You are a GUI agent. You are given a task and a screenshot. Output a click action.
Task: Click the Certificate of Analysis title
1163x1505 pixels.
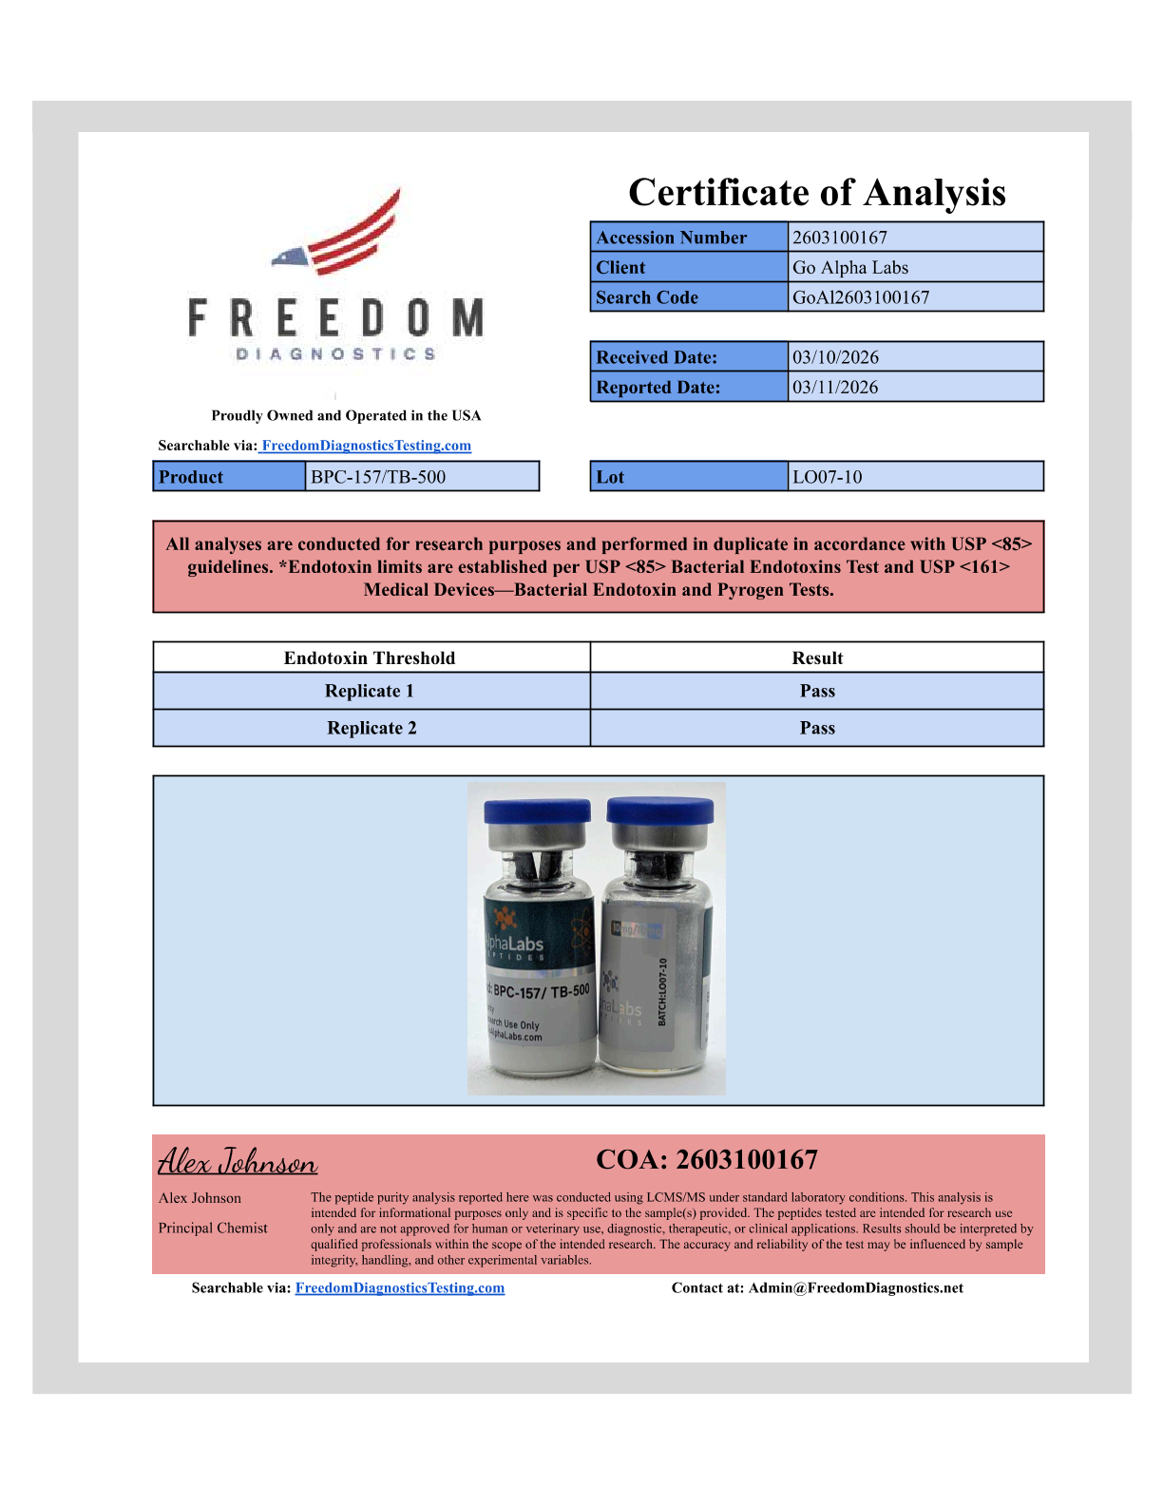tap(816, 193)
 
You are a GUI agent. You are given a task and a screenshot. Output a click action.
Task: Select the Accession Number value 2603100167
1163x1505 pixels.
tap(840, 238)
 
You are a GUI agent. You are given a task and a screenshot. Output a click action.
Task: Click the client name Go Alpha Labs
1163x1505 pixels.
tap(850, 267)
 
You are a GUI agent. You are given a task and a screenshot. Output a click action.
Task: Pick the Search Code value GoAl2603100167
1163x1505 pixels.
tap(861, 297)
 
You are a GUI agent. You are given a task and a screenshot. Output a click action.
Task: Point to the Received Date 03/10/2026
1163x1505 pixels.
tap(836, 357)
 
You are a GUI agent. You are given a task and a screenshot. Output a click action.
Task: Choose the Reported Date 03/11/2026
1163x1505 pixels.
tap(835, 387)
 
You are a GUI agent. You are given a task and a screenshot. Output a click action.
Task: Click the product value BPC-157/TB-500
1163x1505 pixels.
tap(378, 477)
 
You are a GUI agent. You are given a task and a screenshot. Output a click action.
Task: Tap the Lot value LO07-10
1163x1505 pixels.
tap(828, 477)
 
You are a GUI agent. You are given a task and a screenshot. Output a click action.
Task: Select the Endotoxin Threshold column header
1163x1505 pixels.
tap(370, 657)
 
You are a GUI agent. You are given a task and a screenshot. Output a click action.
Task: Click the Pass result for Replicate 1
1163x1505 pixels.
tap(817, 691)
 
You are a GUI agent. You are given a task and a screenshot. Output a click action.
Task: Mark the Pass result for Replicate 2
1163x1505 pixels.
tap(817, 728)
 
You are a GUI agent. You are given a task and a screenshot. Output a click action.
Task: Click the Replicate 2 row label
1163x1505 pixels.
tap(372, 728)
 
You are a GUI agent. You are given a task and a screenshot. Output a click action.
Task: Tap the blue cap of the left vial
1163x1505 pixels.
tap(537, 811)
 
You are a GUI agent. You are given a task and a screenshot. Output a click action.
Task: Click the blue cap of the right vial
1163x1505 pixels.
tap(660, 810)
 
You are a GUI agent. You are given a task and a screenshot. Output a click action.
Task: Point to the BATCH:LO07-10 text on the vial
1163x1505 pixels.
tap(662, 991)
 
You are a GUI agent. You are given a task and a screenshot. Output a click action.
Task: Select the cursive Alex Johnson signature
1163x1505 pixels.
tap(238, 1161)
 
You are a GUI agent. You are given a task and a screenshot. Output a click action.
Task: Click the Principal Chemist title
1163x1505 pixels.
tap(213, 1228)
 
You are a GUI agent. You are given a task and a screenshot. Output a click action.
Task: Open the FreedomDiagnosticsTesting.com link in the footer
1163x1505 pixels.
tap(400, 1287)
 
